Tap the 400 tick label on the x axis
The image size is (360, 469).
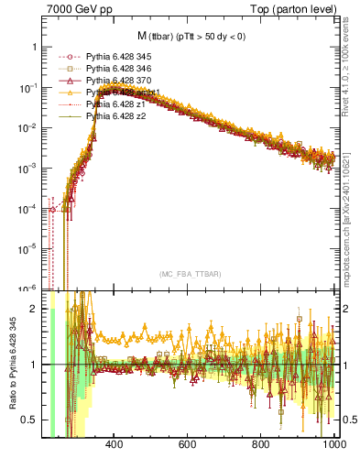pos(115,446)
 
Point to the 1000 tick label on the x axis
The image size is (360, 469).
pos(332,446)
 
